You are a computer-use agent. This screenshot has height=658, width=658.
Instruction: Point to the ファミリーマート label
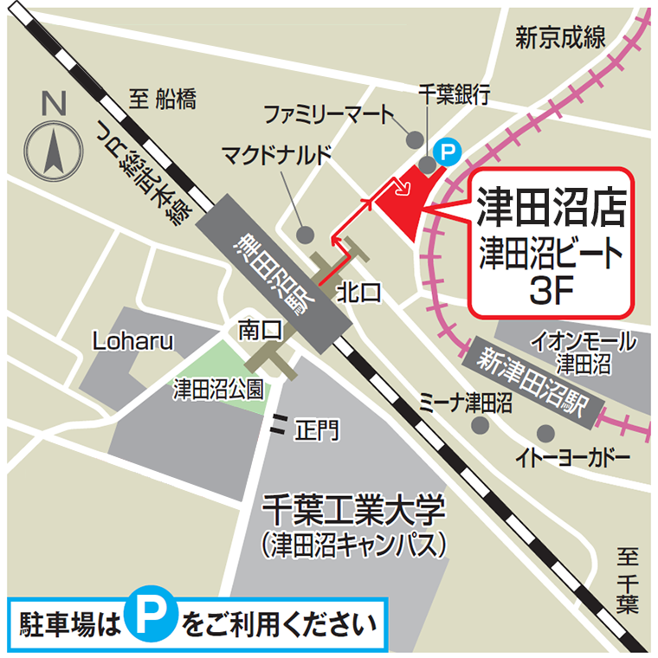[328, 113]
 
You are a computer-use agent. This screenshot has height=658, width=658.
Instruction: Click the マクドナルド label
[276, 155]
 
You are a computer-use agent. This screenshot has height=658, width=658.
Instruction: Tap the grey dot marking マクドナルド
[304, 235]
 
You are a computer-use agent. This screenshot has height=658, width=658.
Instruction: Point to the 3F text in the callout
[551, 291]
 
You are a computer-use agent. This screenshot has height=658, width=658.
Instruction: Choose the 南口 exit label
[260, 329]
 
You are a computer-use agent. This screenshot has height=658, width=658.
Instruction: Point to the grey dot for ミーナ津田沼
[478, 425]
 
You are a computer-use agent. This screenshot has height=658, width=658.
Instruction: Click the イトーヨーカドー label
[571, 456]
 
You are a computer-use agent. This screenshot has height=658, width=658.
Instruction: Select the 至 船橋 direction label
[163, 100]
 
